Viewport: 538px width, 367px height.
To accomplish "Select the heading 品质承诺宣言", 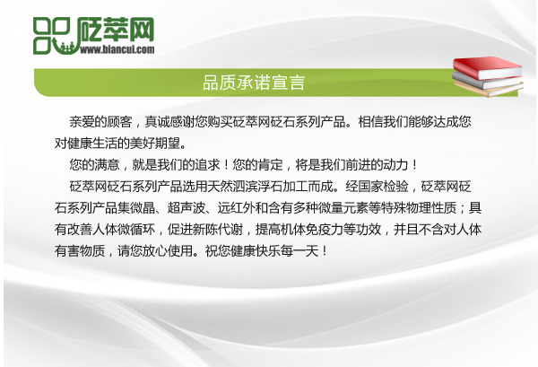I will click(x=255, y=83).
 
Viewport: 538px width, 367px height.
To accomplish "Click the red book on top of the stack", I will click(x=485, y=66).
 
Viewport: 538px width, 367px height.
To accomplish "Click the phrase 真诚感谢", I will click(x=175, y=120).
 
